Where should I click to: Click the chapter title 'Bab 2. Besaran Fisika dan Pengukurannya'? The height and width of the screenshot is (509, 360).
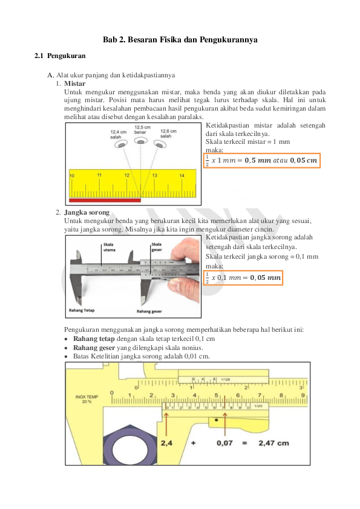(x=180, y=39)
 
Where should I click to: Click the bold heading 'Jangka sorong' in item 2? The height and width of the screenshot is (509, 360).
(x=87, y=213)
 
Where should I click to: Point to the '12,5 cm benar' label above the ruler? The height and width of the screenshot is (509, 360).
(x=142, y=130)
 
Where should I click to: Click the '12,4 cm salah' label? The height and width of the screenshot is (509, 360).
(x=118, y=134)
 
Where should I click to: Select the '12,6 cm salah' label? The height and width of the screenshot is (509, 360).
(x=168, y=134)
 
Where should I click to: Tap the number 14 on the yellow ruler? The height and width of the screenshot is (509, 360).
(x=182, y=175)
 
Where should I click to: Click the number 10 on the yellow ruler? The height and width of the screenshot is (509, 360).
(x=72, y=175)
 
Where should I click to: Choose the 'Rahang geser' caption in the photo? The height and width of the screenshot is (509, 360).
(x=148, y=311)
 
